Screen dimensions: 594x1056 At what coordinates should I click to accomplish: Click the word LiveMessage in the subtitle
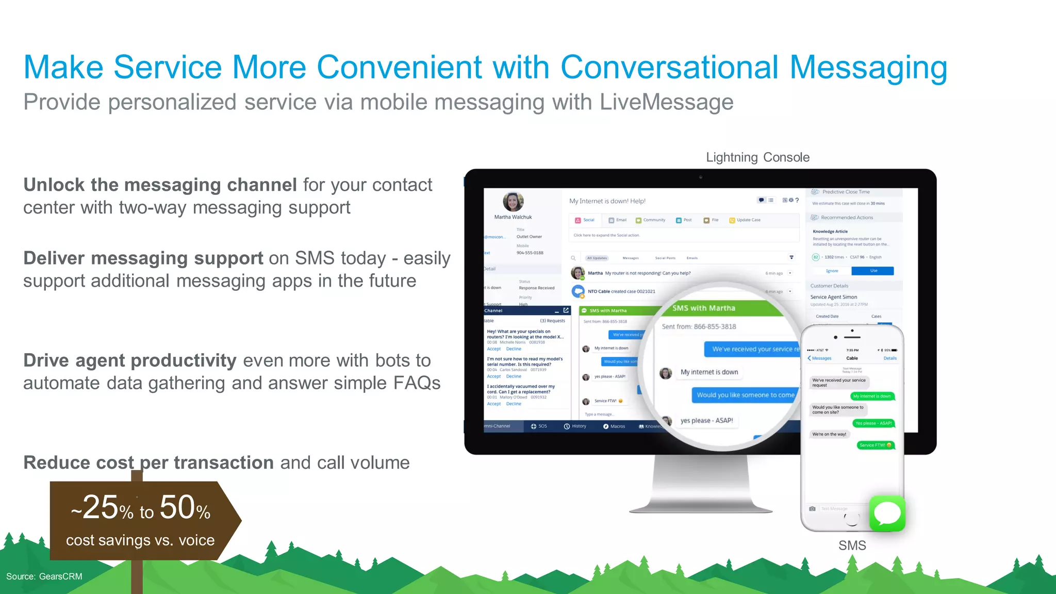[x=666, y=102]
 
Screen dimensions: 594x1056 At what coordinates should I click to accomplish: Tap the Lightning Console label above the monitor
[x=757, y=157]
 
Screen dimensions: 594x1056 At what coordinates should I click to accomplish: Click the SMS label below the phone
[x=852, y=546]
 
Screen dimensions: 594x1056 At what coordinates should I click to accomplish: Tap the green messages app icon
[x=887, y=513]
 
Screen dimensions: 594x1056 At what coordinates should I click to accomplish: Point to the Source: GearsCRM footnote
[x=44, y=576]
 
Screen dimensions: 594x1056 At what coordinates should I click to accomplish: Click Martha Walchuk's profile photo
[x=513, y=202]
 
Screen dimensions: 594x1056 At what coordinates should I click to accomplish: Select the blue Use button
[x=873, y=271]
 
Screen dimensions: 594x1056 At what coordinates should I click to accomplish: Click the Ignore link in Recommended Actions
[x=832, y=271]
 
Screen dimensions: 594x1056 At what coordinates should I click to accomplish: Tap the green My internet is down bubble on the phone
[x=871, y=396]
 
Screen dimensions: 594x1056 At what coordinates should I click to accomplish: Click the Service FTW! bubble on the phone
[x=875, y=445]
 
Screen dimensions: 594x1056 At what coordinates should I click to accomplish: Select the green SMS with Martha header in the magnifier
[x=704, y=308]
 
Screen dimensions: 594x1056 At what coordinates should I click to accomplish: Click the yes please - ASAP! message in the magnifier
[x=706, y=421]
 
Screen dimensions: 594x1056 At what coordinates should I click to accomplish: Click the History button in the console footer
[x=575, y=426]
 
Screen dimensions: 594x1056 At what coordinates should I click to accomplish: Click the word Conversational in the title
[x=669, y=67]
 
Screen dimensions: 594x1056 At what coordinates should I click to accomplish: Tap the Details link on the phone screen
[x=890, y=358]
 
